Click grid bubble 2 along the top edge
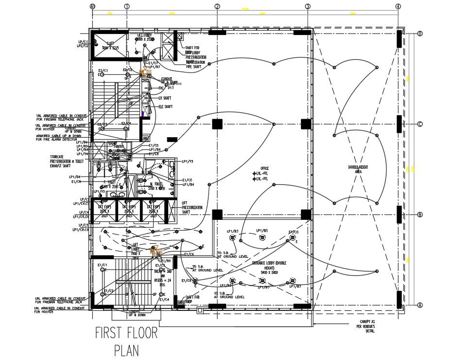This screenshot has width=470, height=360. (x=217, y=6)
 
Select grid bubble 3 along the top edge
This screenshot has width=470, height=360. (x=308, y=6)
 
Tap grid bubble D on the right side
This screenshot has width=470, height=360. (x=419, y=34)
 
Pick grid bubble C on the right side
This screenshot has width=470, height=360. (x=419, y=124)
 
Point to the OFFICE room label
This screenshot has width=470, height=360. (x=264, y=168)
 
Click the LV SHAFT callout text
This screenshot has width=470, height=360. (x=165, y=98)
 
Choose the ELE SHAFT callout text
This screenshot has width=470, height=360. (x=165, y=107)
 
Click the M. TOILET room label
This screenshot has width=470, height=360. (x=156, y=185)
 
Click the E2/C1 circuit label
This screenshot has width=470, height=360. (x=103, y=71)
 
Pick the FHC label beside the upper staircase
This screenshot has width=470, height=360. (x=162, y=88)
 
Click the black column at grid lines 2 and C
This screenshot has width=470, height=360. (x=217, y=124)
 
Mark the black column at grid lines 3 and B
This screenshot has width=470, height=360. (x=306, y=214)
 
